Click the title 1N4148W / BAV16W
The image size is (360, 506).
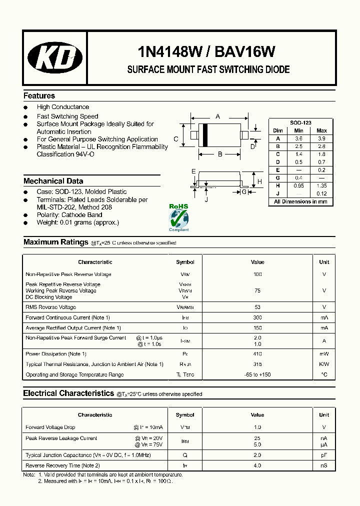(x=206, y=51)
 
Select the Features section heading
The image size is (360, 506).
(x=39, y=95)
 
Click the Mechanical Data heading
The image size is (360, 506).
(x=53, y=181)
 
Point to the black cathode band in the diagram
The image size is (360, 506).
(x=204, y=135)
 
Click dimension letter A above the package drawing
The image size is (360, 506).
(x=217, y=116)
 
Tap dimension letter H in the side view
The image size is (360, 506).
(x=259, y=181)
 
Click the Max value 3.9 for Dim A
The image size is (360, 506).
(x=321, y=138)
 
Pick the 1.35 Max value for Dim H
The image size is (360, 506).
(x=321, y=185)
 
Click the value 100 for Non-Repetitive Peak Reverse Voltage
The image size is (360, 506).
(x=257, y=274)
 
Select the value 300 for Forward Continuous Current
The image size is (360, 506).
(x=257, y=317)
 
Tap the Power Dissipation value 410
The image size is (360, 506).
(x=257, y=354)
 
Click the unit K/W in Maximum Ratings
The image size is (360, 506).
(x=324, y=364)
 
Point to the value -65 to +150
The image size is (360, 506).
(x=257, y=374)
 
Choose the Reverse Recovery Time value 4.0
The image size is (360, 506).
(x=257, y=465)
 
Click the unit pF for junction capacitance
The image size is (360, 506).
(x=324, y=455)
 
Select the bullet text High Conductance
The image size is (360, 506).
(x=62, y=107)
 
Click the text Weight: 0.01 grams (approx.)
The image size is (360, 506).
(x=77, y=222)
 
